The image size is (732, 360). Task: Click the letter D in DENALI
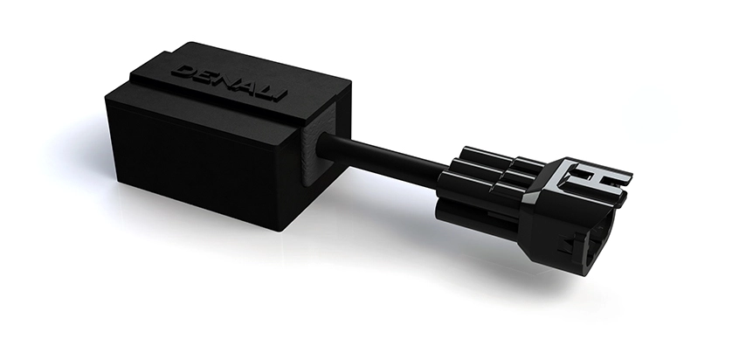point(183,72)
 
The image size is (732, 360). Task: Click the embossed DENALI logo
point(229,83)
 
